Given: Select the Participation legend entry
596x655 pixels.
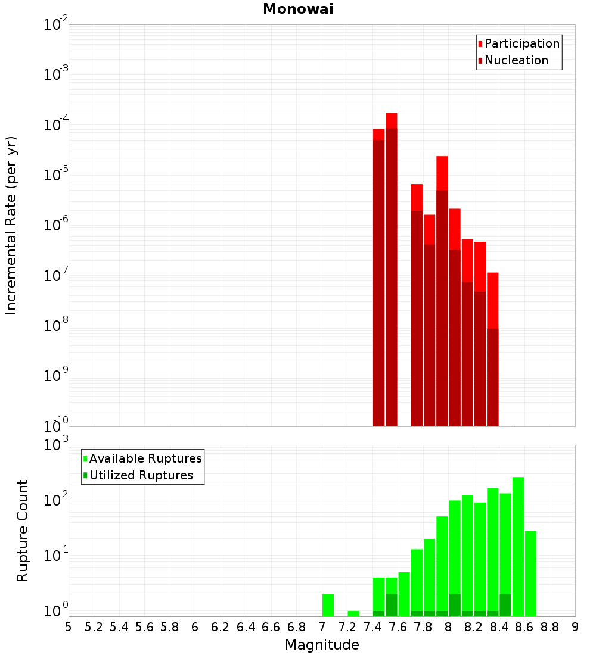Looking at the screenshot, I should point(521,43).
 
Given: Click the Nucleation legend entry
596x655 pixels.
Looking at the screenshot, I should point(516,60).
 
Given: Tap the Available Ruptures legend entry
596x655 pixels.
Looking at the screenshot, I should point(145,458).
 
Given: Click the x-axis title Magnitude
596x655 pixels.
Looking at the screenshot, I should point(322,645).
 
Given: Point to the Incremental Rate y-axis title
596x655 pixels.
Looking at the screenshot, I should point(11,225).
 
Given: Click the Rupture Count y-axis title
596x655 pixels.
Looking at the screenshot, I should point(23,531).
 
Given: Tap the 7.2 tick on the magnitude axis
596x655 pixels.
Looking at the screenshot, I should point(347,627).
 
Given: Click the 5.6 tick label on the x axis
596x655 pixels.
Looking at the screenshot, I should point(144,627).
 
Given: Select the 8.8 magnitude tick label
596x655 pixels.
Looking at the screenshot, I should point(550,627).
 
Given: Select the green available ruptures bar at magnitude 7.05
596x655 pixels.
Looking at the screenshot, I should point(328,605).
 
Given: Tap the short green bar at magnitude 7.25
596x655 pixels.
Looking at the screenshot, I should point(353,613).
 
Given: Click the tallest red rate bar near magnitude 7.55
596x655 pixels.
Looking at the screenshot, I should point(391,268).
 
